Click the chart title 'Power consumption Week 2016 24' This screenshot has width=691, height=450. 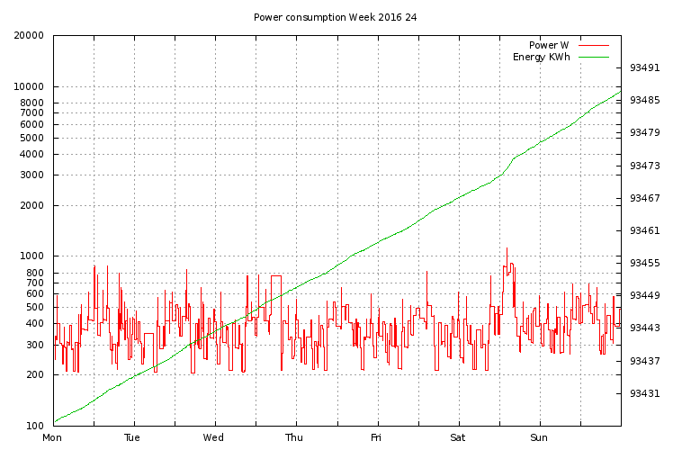[x=335, y=17]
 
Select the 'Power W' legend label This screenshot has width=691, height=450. [x=549, y=45]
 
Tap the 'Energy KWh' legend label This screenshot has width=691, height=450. [x=541, y=58]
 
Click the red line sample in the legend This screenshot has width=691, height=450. [x=594, y=45]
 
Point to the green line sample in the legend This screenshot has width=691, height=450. [x=594, y=58]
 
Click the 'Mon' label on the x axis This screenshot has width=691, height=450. [x=53, y=438]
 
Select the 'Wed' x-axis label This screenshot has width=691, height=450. [x=214, y=438]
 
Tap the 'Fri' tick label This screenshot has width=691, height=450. [x=377, y=438]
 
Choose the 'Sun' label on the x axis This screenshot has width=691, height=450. [x=539, y=438]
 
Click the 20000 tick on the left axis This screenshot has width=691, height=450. [x=30, y=36]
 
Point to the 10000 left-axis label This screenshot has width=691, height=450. [x=30, y=87]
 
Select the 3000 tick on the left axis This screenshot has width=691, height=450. [x=32, y=175]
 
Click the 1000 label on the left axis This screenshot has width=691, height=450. [x=32, y=256]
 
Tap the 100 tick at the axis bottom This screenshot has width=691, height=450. [x=35, y=426]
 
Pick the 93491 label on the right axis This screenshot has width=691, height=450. [x=644, y=67]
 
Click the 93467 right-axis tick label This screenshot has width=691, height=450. [x=644, y=198]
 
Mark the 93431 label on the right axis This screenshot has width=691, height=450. [x=644, y=393]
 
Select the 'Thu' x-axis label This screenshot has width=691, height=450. [x=295, y=438]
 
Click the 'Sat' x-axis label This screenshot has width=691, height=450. [x=457, y=438]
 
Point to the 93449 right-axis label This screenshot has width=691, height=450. [x=644, y=295]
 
